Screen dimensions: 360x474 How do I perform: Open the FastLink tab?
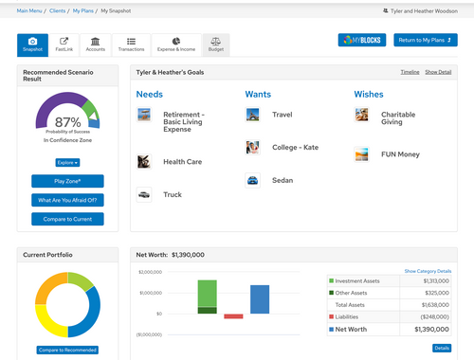coord(64,45)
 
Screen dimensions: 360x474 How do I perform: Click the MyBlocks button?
coord(363,41)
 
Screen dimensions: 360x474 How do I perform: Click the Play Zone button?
coord(67,181)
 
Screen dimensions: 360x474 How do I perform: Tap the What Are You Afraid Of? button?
coord(67,200)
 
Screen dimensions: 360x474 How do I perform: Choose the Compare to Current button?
coord(67,219)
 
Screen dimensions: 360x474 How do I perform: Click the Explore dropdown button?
coord(67,162)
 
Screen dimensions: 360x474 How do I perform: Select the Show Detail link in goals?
coord(437,72)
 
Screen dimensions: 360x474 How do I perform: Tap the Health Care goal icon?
coord(143,162)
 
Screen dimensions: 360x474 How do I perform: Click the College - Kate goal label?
coord(296,147)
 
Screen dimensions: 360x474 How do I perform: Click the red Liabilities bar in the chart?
coord(233,316)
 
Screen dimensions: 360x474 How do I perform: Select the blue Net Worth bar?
coord(259,299)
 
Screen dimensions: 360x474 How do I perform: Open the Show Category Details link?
coord(427,271)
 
